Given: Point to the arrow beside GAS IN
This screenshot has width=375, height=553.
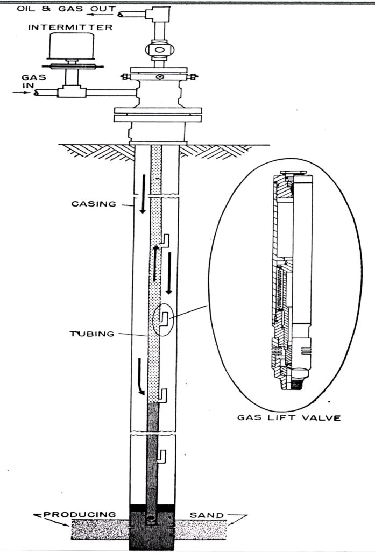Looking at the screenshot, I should click(21, 93).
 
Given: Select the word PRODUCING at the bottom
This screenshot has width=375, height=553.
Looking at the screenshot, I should click(80, 515).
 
